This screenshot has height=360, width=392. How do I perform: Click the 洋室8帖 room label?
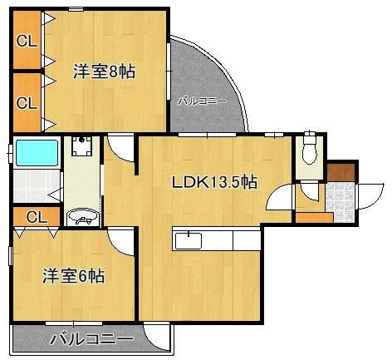pos(103,71)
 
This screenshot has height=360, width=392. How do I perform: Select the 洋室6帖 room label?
pos(74,276)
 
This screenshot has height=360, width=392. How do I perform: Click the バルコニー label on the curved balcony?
pos(202,101)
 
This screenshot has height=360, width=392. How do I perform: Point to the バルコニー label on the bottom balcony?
pos(91,339)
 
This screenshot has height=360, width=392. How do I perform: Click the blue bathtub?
pos(37,153)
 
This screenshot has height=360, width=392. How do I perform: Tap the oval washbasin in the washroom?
pos(81,218)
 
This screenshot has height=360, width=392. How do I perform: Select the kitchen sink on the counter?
pos(187,239)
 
